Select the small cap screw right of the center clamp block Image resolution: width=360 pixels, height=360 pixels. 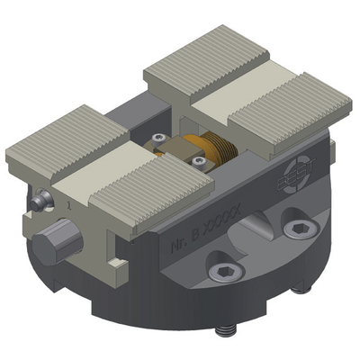click(x=195, y=163)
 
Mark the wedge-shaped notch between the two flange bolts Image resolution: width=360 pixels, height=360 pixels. click(x=261, y=243)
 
